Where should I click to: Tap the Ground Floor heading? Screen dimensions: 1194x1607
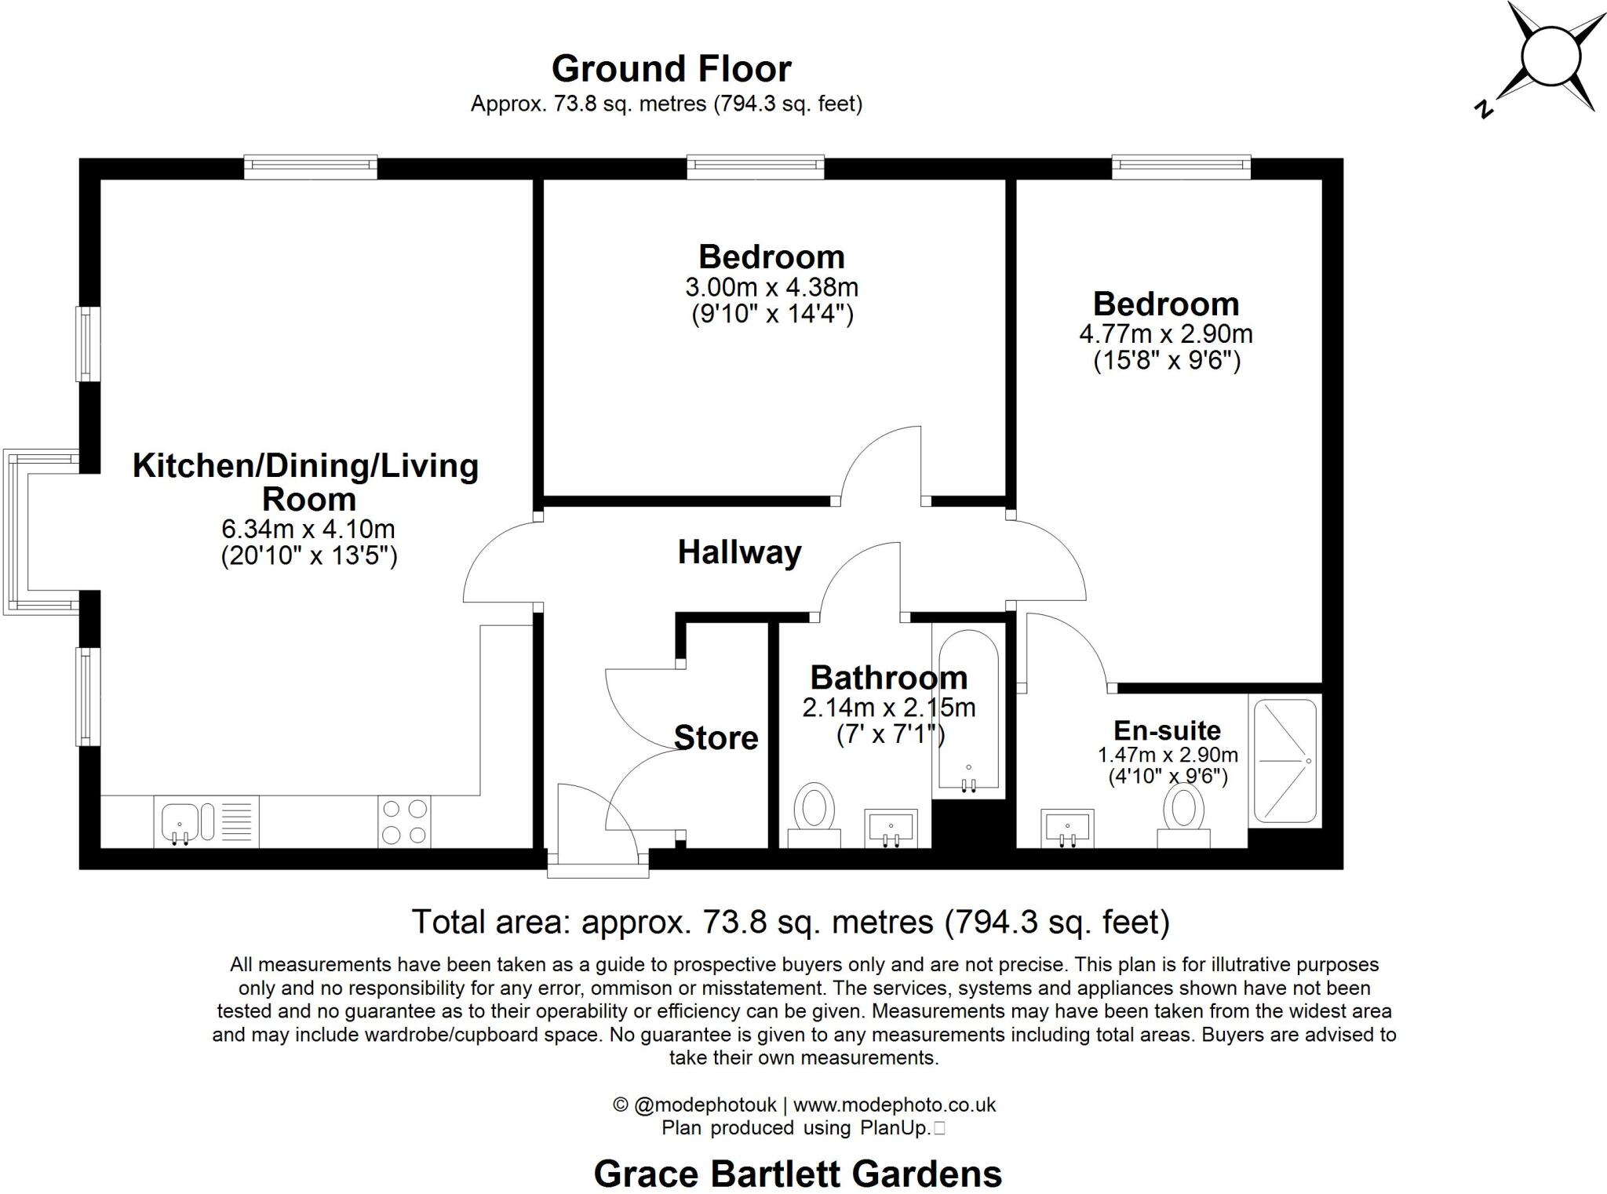[x=671, y=69]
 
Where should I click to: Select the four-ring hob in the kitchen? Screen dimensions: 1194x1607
[x=405, y=821]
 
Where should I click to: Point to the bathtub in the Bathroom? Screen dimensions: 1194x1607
[x=968, y=714]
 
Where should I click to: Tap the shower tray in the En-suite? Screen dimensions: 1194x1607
[x=1285, y=761]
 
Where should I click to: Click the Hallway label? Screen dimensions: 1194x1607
[x=739, y=552]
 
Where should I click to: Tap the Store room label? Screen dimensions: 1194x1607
[x=716, y=738]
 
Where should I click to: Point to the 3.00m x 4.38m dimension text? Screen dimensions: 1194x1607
[x=771, y=287]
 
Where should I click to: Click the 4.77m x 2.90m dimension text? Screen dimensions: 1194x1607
[x=1165, y=334]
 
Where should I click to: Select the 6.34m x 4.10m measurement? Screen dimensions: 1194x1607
[x=308, y=529]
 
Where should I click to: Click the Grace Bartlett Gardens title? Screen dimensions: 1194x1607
[x=797, y=1174]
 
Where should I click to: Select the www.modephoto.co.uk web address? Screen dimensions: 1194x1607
[x=894, y=1105]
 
